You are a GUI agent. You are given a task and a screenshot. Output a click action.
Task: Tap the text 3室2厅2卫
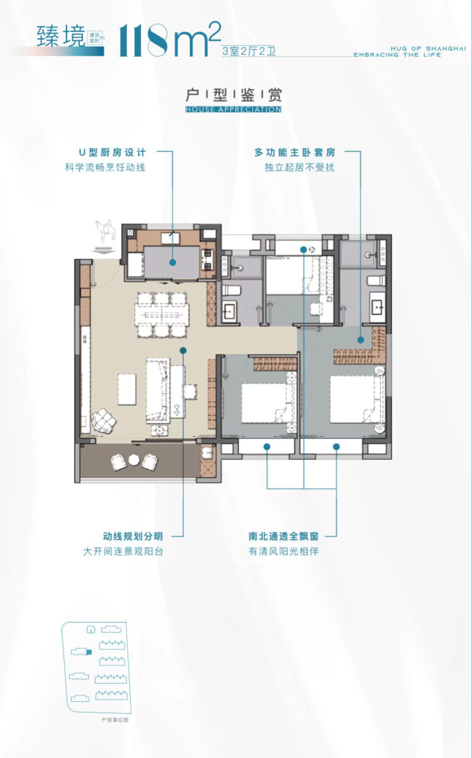(x=249, y=52)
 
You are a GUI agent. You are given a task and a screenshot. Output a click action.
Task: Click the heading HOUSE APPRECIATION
(x=233, y=109)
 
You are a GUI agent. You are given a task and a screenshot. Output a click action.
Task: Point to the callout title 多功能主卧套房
(x=295, y=152)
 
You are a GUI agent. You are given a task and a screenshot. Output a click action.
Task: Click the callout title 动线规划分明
(x=133, y=536)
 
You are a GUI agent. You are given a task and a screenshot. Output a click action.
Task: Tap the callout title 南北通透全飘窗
(x=283, y=536)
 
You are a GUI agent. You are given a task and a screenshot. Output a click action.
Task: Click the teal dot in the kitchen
(x=173, y=263)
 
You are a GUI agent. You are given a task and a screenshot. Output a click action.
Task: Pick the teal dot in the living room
(x=183, y=351)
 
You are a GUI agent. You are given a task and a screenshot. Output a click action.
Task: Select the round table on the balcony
(x=133, y=460)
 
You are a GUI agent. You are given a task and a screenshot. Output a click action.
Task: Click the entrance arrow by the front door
(x=101, y=251)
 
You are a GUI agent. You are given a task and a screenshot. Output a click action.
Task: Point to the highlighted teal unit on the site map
(x=89, y=652)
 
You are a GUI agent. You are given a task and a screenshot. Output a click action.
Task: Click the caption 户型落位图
(x=115, y=720)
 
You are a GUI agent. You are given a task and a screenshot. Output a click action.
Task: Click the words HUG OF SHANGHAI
(x=428, y=49)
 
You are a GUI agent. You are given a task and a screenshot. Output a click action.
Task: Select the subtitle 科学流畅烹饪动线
(x=105, y=168)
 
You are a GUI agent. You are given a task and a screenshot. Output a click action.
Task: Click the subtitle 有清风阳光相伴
(x=283, y=551)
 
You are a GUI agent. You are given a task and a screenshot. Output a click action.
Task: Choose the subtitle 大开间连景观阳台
(x=123, y=551)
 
